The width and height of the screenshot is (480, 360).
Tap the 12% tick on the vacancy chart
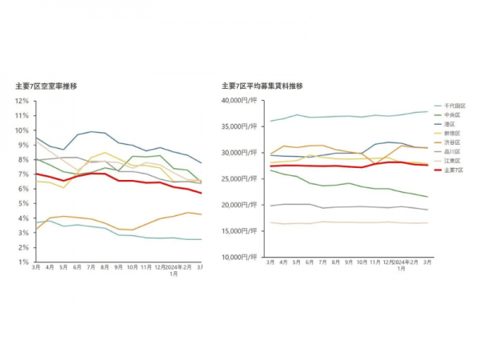(22, 101)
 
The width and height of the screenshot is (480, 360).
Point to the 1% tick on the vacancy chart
(24, 262)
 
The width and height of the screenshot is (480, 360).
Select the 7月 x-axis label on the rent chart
(322, 262)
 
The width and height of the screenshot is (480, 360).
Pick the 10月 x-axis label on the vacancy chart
(132, 266)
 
